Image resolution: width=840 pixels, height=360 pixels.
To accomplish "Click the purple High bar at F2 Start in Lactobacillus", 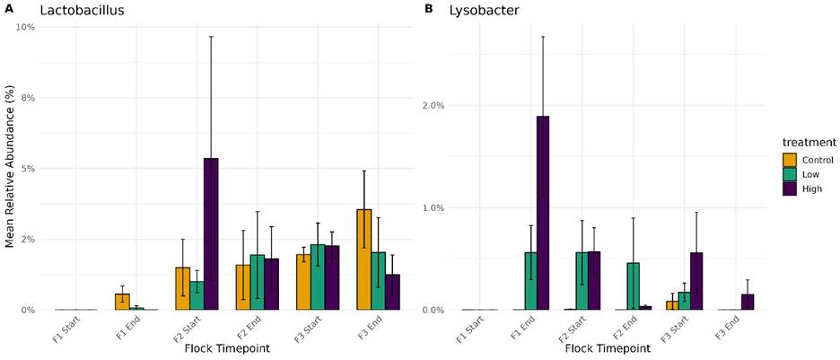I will click(211, 233).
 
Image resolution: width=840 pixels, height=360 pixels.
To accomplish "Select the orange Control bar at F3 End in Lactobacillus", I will click(363, 259).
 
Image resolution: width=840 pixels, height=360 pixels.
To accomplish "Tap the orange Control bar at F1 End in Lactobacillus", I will click(122, 302).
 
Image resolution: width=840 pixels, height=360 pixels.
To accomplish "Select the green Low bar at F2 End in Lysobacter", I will click(634, 286).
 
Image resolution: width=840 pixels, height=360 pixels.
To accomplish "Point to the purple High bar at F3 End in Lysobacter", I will click(748, 302).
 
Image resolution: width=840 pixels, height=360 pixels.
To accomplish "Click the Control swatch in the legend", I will click(789, 160).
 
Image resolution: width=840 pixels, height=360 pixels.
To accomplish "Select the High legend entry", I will click(809, 189).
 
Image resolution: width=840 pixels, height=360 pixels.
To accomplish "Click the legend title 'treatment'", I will click(808, 142).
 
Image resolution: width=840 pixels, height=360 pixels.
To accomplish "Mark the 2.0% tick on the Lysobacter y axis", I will click(434, 105).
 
